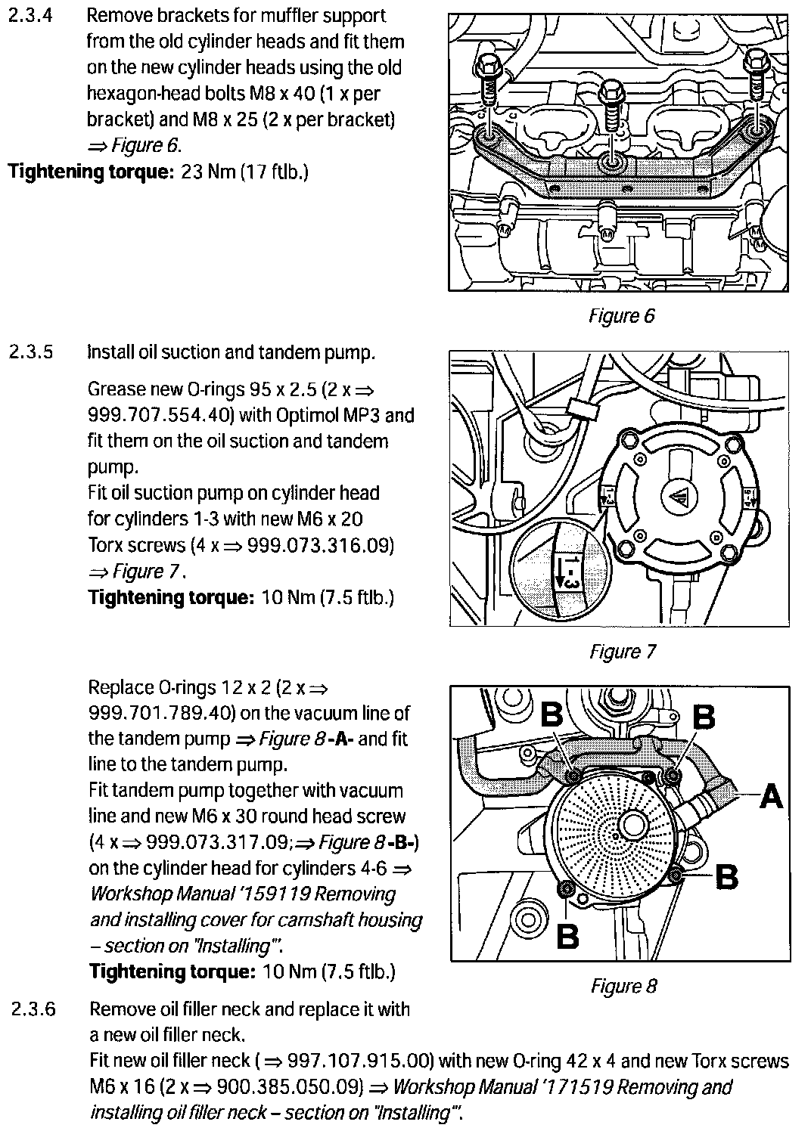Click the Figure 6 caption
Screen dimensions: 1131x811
[x=622, y=315]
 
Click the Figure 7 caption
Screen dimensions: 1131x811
[x=623, y=651]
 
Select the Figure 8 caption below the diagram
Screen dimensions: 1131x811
[x=623, y=986]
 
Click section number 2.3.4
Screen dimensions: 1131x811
[x=30, y=16]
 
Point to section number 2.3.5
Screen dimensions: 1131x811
[x=31, y=352]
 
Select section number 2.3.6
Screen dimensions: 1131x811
[x=33, y=1009]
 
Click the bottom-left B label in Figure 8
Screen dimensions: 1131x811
[x=567, y=935]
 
